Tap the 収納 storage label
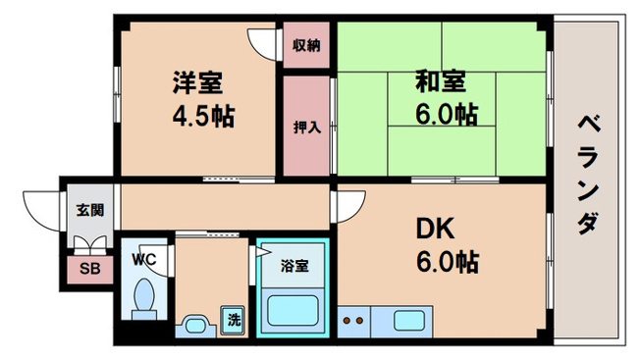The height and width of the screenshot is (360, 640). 306,44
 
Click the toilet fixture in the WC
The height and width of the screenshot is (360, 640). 145,296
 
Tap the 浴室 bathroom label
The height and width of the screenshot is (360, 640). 294,265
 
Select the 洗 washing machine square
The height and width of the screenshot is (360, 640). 234,319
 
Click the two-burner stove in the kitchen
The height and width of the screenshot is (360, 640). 353,320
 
